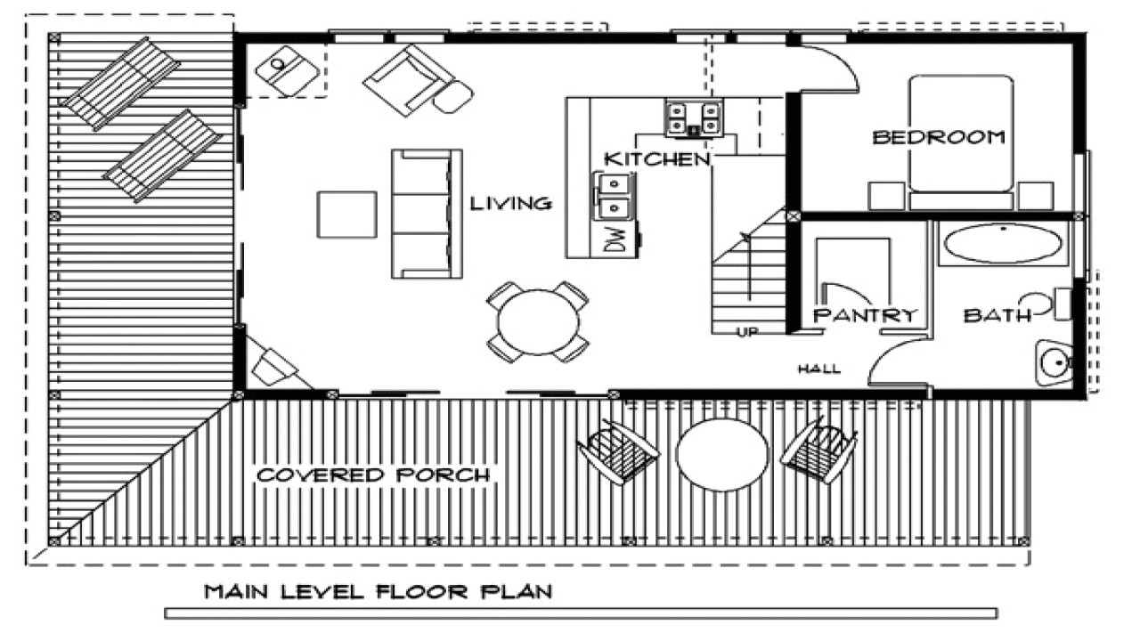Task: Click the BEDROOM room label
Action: pos(939,137)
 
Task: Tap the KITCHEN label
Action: pos(657,159)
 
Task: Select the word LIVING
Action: pos(511,204)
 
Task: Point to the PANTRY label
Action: pos(864,315)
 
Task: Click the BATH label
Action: pos(997,315)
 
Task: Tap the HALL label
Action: pos(819,369)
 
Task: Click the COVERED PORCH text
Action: pos(373,475)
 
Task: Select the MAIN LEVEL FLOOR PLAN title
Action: pos(379,592)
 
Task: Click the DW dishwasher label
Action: pos(615,239)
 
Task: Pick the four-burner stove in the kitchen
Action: pos(693,118)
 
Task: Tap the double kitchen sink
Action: pos(615,197)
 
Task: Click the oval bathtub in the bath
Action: pos(1004,244)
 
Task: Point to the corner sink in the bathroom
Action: pos(1054,362)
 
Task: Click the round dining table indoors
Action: pos(538,321)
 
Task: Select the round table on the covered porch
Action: pos(722,455)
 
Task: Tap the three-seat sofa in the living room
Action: pos(427,214)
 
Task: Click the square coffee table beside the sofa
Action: pos(347,215)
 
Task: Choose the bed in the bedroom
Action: pos(961,142)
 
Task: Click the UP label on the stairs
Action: pos(747,332)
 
